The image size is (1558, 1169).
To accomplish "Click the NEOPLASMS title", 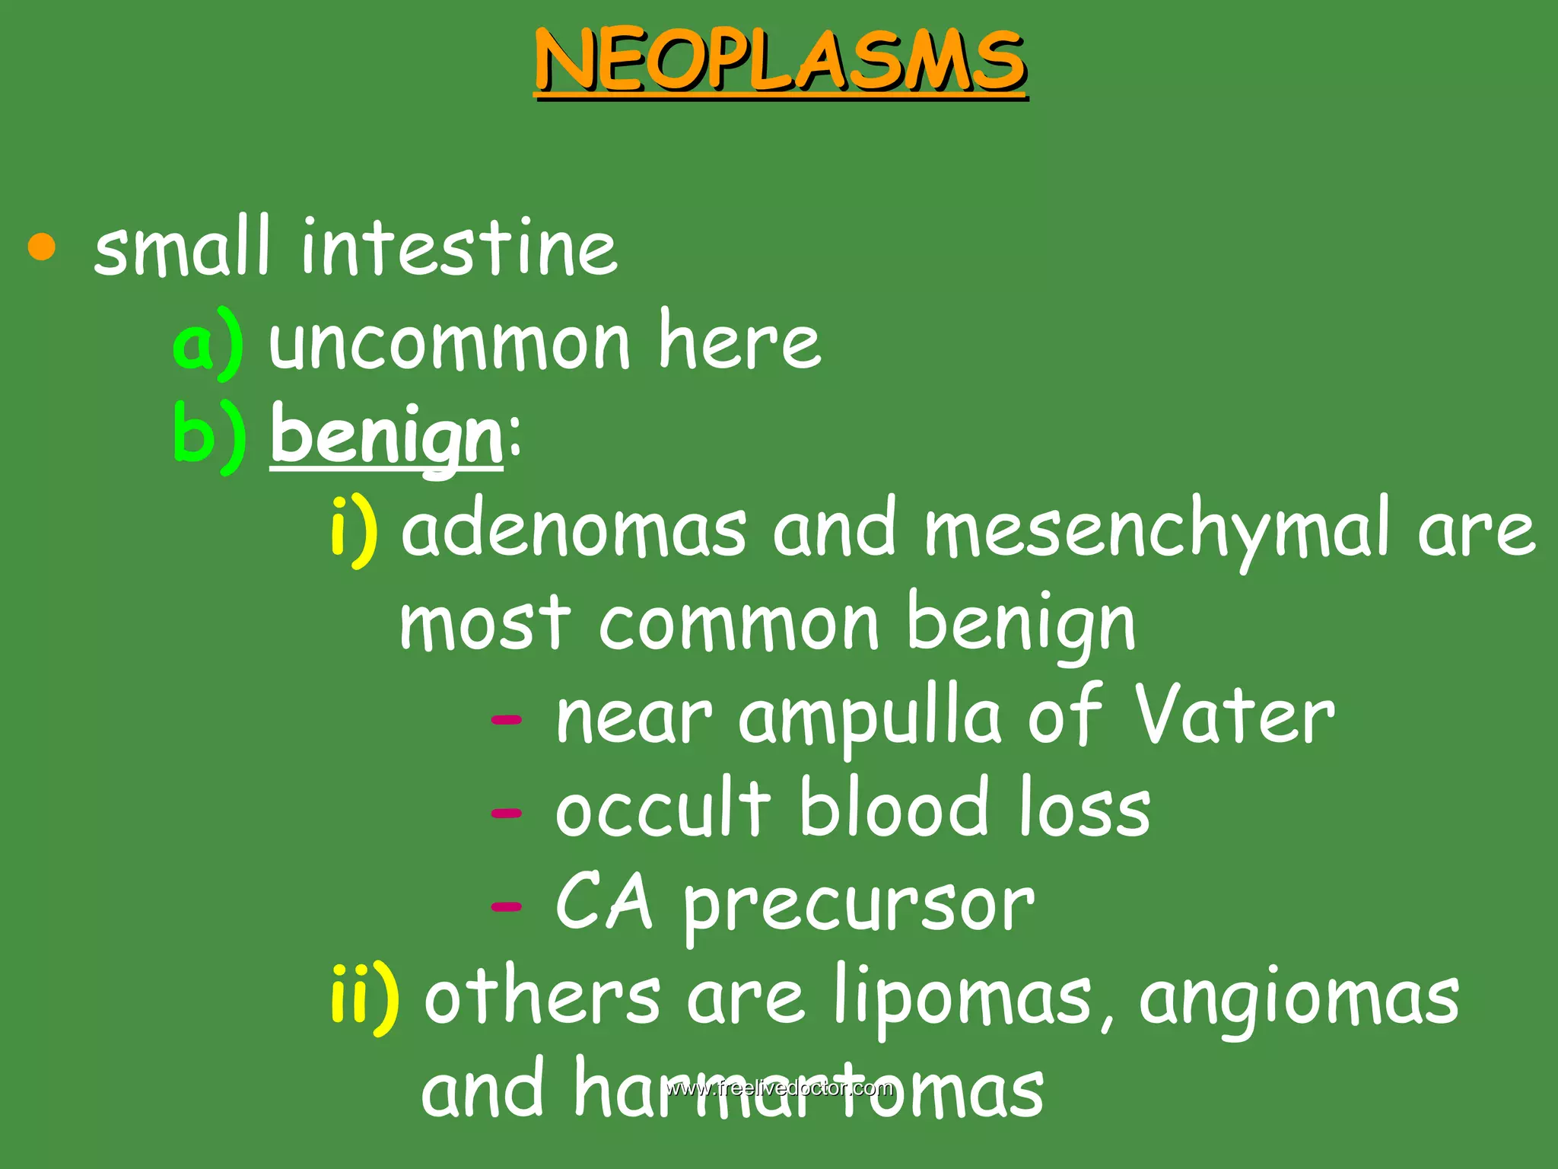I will (781, 61).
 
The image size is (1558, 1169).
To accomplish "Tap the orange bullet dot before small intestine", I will (42, 248).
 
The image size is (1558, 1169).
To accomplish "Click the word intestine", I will (459, 247).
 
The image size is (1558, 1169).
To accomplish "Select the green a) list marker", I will (208, 343).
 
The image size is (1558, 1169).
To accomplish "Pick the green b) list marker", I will (209, 436).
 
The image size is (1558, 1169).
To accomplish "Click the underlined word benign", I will (386, 436).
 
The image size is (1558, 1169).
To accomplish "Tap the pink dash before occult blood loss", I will (507, 813).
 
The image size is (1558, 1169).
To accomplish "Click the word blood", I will (895, 808).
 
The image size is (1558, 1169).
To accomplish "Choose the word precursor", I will (859, 906).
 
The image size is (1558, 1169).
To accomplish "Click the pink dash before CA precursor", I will (507, 906).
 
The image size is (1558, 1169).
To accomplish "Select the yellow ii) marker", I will (365, 998).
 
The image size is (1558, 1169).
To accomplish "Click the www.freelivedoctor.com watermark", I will (779, 1088).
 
